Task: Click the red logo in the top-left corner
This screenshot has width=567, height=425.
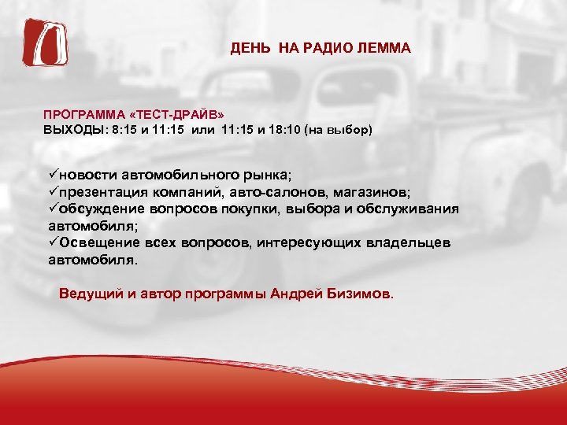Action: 44,44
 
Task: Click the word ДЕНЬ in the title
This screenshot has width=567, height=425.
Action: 247,49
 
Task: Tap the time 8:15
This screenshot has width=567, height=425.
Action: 126,128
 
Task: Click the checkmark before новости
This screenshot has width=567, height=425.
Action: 53,174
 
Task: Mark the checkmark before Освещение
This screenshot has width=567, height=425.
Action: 53,242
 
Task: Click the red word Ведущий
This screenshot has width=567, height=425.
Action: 90,294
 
